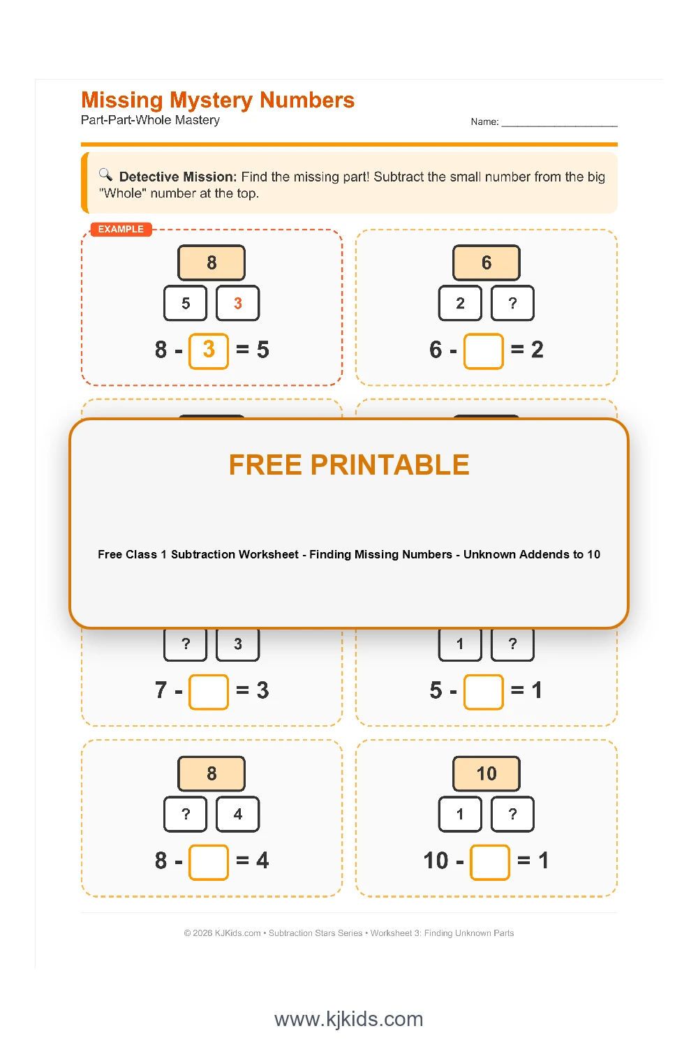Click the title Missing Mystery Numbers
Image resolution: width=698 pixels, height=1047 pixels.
tap(218, 101)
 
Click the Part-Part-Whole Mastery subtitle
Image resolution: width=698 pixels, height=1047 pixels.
tap(150, 120)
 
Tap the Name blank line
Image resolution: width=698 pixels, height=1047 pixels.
tap(559, 122)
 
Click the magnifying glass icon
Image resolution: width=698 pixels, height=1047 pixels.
tap(105, 174)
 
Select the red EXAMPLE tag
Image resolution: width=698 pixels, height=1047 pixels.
tap(121, 230)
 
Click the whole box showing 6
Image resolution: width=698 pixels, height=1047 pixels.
tap(487, 262)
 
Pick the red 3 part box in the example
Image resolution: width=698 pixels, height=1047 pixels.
tap(237, 303)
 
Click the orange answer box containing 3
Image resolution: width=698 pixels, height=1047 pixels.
tap(209, 350)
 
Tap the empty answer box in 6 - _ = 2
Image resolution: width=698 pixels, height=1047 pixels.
tap(484, 350)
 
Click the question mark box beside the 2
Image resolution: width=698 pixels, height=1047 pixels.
tap(512, 303)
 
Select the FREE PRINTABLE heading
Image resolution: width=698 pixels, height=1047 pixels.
tap(349, 465)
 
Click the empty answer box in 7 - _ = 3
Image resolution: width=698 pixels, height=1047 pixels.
tap(209, 691)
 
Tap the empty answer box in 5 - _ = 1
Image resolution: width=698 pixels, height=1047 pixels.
tap(484, 691)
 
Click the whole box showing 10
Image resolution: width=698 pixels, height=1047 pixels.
tap(487, 773)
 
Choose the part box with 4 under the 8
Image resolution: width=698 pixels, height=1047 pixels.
tap(237, 814)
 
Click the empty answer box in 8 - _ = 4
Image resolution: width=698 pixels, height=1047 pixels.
tap(209, 861)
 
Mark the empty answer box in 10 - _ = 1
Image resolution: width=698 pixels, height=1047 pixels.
tap(490, 861)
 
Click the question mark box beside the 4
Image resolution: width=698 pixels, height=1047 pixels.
tap(186, 814)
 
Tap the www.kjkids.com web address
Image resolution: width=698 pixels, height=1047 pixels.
tap(349, 1019)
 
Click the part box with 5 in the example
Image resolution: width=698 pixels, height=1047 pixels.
tap(186, 303)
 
